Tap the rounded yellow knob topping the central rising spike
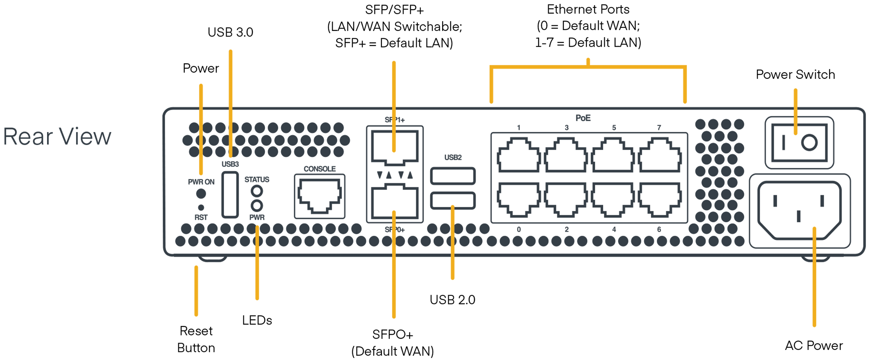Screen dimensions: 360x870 click(394, 206)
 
